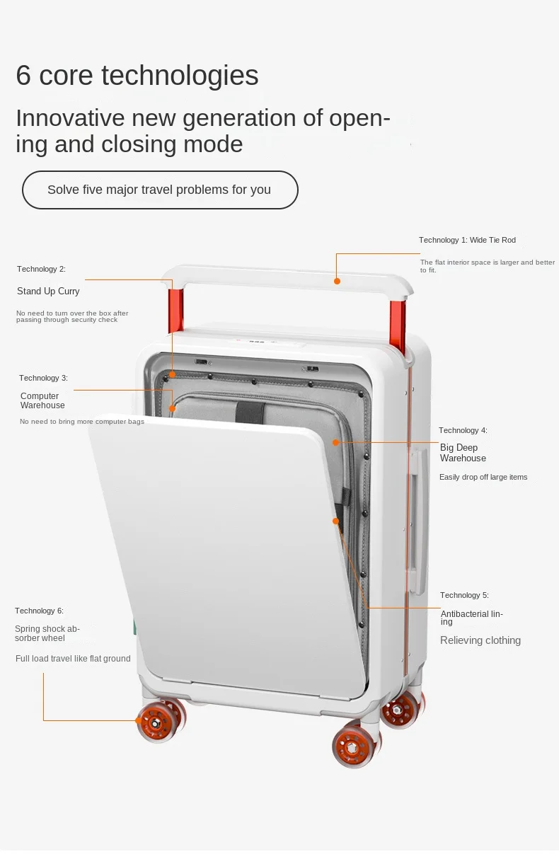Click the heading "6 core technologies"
(x=137, y=75)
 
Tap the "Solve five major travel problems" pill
(x=159, y=190)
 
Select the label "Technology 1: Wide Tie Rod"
(x=467, y=240)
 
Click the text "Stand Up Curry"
(x=48, y=292)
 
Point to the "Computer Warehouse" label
(x=42, y=400)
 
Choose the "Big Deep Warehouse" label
(x=463, y=453)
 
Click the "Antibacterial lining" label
(x=471, y=617)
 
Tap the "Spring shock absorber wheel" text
(x=47, y=633)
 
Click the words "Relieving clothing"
(x=480, y=640)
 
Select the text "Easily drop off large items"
(x=483, y=477)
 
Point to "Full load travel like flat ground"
(x=73, y=659)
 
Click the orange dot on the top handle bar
(x=338, y=281)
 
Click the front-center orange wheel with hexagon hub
(x=354, y=745)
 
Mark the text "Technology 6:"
(x=39, y=611)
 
